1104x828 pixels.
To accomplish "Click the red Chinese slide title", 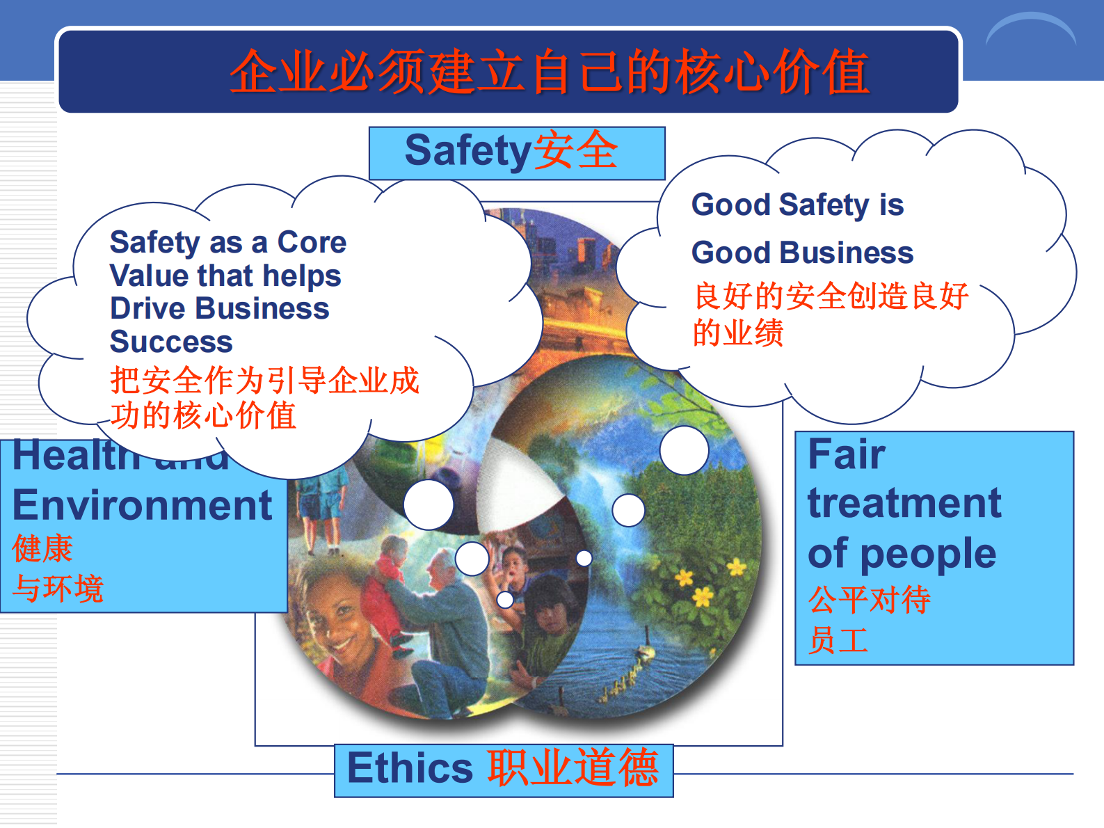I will click(550, 72).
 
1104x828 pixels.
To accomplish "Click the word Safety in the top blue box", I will click(467, 151).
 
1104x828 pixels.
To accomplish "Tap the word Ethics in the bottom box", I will click(410, 768).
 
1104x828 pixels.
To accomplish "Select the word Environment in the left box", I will click(142, 505).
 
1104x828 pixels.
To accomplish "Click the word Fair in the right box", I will click(846, 454).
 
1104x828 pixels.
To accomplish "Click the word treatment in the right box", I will click(904, 503).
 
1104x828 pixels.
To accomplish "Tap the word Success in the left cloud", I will click(171, 342).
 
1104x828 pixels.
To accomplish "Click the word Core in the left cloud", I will click(312, 242).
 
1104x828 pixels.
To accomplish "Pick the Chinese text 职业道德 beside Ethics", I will click(573, 768).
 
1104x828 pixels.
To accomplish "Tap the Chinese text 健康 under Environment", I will click(42, 548).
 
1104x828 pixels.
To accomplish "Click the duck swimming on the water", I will click(645, 653).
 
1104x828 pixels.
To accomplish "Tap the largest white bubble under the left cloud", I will click(429, 504).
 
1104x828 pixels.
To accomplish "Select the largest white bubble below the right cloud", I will click(684, 450).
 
